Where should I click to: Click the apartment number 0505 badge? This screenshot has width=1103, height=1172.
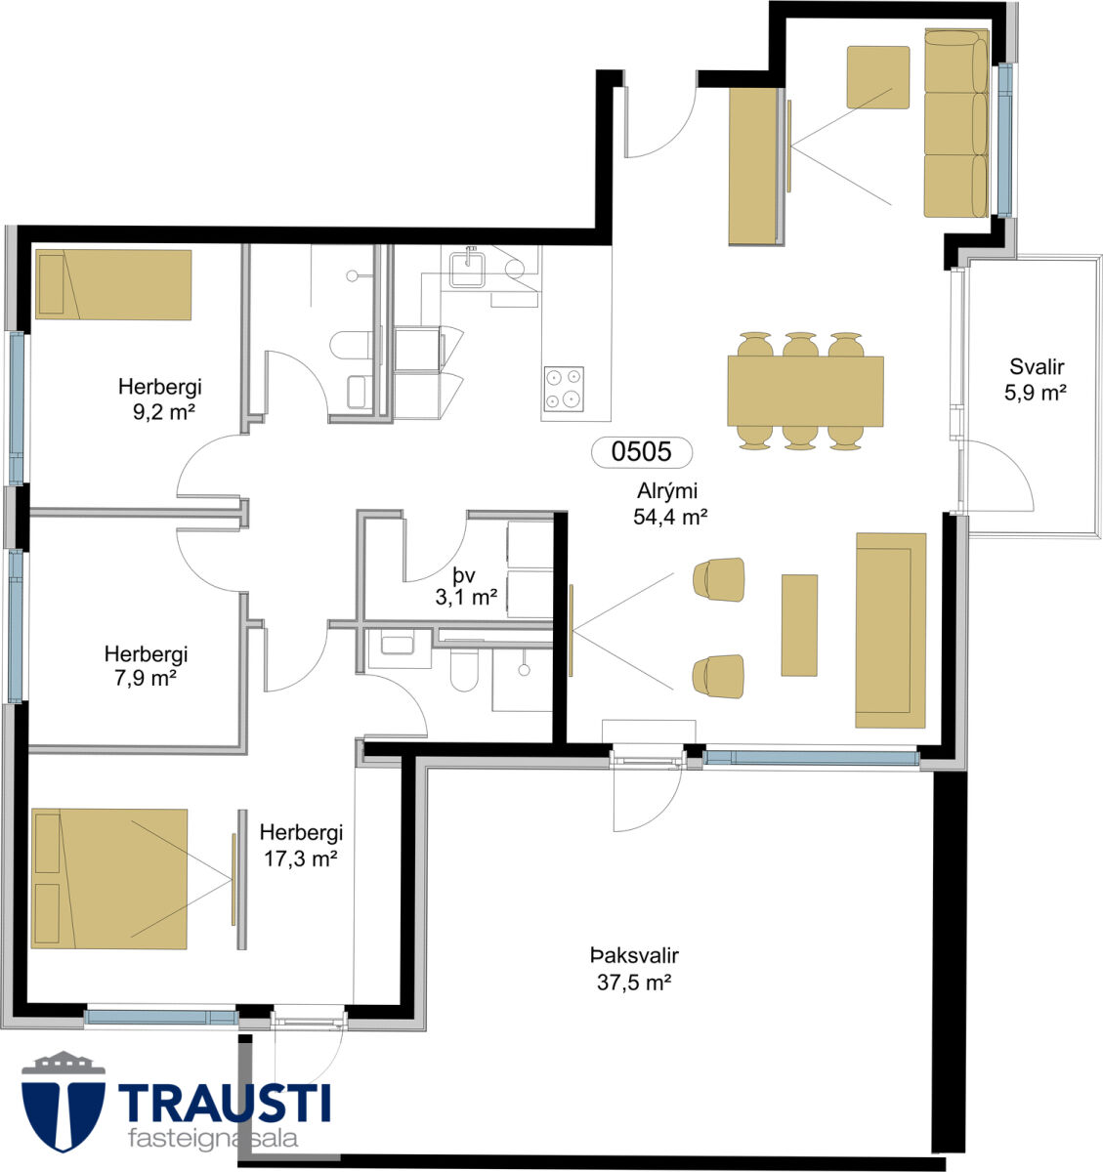pos(641,452)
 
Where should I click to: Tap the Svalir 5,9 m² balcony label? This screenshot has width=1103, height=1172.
pos(1036,379)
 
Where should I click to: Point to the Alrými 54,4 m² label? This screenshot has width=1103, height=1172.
pos(669,503)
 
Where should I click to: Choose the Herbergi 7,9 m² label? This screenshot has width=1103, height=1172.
pos(146,666)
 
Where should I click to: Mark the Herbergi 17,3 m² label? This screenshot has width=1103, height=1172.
pos(301,845)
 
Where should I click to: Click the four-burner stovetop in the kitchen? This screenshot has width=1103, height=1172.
pos(564,389)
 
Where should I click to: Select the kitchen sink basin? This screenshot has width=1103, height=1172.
pos(467,270)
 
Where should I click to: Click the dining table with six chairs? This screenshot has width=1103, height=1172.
pos(805,391)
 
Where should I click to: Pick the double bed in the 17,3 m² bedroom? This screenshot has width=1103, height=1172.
pos(109,879)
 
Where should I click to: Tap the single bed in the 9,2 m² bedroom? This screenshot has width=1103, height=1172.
pos(113,284)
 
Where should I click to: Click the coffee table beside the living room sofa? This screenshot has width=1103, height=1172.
pos(799,625)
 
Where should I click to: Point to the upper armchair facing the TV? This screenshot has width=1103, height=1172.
pos(719,579)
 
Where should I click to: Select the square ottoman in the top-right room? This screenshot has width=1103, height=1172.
pos(878,77)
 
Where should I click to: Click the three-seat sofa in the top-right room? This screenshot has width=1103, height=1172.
pos(956,123)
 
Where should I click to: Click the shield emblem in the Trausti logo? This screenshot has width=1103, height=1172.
pos(64,1108)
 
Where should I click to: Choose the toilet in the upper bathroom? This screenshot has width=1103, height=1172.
pos(350,345)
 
